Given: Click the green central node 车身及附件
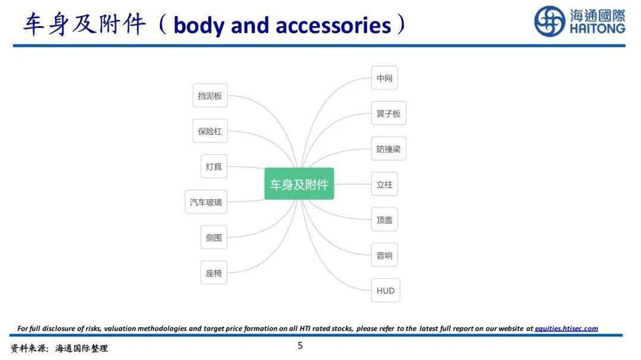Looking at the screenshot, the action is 299,184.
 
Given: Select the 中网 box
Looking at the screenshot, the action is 384,78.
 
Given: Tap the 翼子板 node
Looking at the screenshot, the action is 388,113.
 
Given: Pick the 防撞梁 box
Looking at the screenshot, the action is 388,149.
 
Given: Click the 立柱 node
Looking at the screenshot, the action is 384,184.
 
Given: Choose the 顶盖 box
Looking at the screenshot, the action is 384,220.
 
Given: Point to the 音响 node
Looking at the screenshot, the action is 384,255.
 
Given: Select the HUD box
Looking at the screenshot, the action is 386,291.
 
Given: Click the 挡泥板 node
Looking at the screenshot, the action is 210,95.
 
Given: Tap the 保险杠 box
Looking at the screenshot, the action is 210,131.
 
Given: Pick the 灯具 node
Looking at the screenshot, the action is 214,166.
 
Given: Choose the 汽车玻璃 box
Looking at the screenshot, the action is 205,202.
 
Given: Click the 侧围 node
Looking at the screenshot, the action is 214,237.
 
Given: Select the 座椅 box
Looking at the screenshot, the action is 214,273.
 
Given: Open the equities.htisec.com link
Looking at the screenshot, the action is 566,329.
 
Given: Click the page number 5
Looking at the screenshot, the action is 300,346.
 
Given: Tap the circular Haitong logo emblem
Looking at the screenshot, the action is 550,21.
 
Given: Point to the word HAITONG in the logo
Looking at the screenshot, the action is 597,28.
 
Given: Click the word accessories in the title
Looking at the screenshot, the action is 333,26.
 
